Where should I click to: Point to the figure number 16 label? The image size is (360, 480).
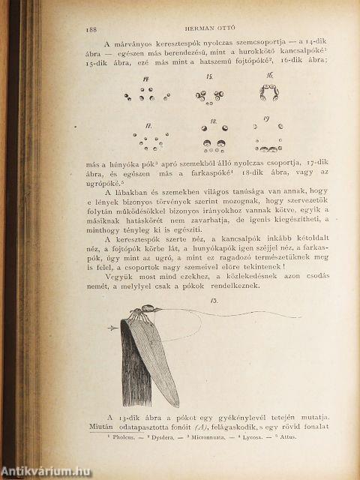click(268, 76)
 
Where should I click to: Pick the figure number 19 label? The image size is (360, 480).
click(265, 119)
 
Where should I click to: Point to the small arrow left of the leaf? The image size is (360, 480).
click(112, 328)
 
